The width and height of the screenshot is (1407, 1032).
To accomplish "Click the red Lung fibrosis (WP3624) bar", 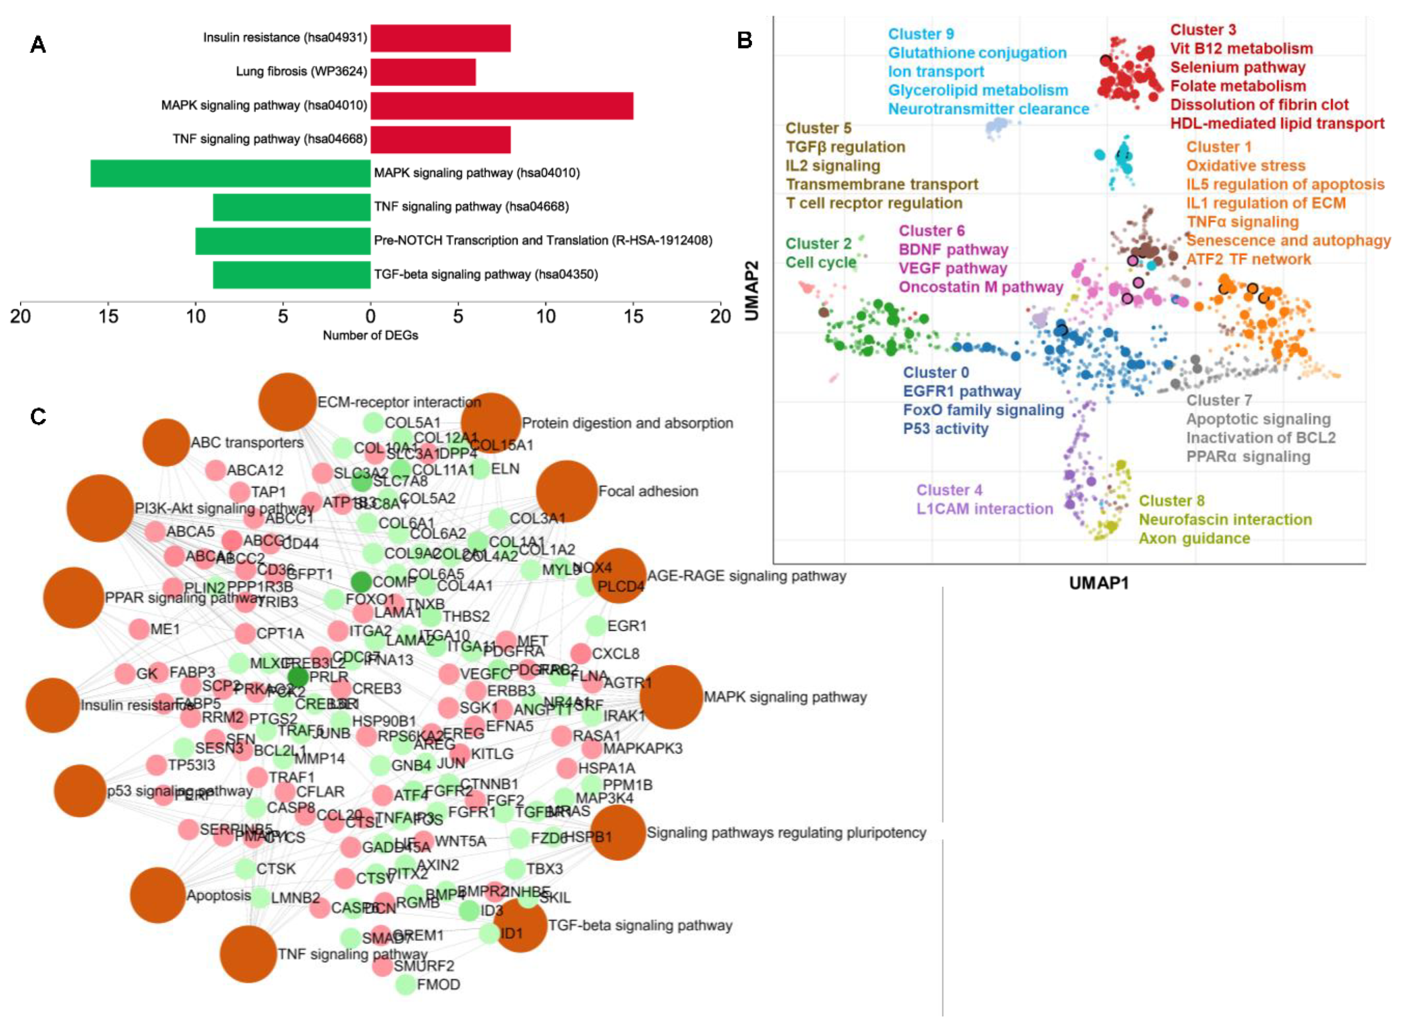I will pos(423,72).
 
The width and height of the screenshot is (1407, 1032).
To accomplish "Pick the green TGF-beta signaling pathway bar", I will pos(292,274).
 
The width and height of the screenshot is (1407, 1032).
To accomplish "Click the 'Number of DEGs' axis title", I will pos(370,336).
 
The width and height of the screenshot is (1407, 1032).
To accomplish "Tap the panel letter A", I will pos(38,45).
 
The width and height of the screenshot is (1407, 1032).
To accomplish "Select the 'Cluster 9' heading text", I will pos(921,34).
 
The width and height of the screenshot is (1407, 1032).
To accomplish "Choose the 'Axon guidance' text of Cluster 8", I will pos(1194,539).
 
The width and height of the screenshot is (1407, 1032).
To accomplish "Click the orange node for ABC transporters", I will pos(166,442).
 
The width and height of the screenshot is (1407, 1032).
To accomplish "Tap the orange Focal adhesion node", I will pos(566,491).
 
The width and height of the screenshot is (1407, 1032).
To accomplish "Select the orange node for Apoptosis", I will pos(158,895).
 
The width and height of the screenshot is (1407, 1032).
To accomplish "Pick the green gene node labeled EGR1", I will pos(597,625).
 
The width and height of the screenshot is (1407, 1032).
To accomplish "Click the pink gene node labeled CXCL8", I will pos(581,654).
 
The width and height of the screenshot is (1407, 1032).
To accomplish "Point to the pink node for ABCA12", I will pos(215,470).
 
